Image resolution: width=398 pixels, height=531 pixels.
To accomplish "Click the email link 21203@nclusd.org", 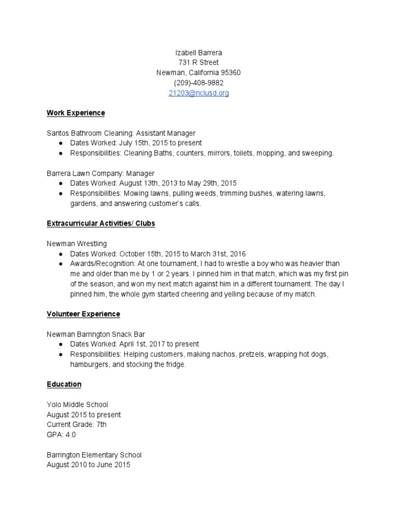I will tap(198, 93).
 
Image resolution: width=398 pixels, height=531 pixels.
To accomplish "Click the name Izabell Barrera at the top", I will tap(198, 52).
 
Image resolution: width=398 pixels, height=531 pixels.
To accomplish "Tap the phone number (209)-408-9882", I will tap(198, 83).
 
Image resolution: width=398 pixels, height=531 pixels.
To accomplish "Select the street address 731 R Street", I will tap(198, 63).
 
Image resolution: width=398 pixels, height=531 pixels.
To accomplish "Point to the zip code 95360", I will tap(230, 73).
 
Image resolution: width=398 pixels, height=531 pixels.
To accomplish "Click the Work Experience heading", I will tap(76, 113).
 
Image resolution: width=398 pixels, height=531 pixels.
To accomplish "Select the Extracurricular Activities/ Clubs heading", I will tap(101, 223).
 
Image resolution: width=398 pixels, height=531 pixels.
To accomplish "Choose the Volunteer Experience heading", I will tap(83, 314).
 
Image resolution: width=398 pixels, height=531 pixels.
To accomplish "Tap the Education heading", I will tap(64, 384).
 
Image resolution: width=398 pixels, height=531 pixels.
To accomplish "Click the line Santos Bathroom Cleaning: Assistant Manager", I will tap(121, 133).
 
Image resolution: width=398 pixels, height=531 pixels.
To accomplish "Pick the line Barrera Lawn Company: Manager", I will tap(101, 173).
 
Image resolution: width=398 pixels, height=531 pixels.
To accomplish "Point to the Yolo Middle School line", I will tap(77, 404).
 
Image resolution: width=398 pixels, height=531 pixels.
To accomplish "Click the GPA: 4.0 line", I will tap(61, 435).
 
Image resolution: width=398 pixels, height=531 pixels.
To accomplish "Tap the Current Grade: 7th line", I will tap(77, 425).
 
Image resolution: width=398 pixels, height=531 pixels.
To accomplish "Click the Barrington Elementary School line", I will tap(94, 455).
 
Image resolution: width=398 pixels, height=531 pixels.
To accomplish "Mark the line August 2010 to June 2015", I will tap(88, 465).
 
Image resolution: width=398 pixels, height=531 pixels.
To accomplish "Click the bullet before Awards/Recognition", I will tap(61, 264).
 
